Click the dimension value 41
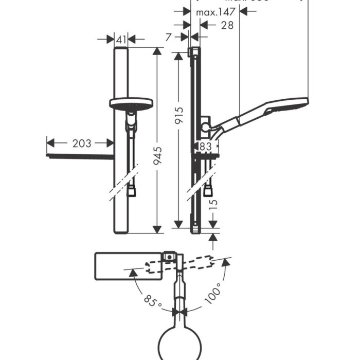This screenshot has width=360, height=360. [x=120, y=39]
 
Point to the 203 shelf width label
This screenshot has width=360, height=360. [x=81, y=143]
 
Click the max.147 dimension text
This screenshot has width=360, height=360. [x=216, y=11]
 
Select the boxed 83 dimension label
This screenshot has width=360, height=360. [x=205, y=146]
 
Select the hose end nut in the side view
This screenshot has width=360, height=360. [x=208, y=191]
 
